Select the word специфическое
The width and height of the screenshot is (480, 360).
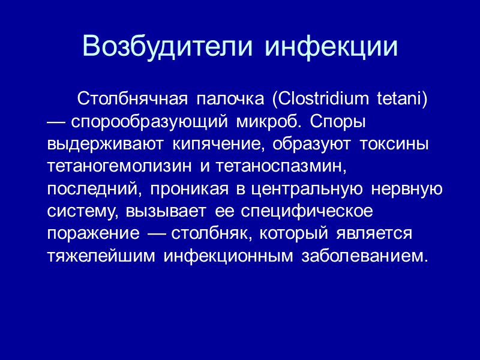308,211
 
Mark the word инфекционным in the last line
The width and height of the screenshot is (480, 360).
229,256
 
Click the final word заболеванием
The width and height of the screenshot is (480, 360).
365,256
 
